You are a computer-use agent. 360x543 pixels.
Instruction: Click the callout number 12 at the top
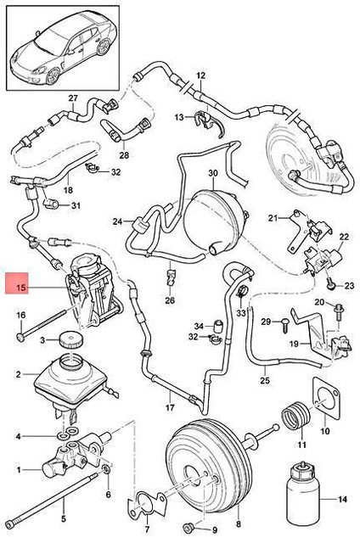click(201, 76)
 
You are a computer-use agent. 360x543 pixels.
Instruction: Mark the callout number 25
click(264, 379)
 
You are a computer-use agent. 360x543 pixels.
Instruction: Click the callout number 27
click(72, 98)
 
